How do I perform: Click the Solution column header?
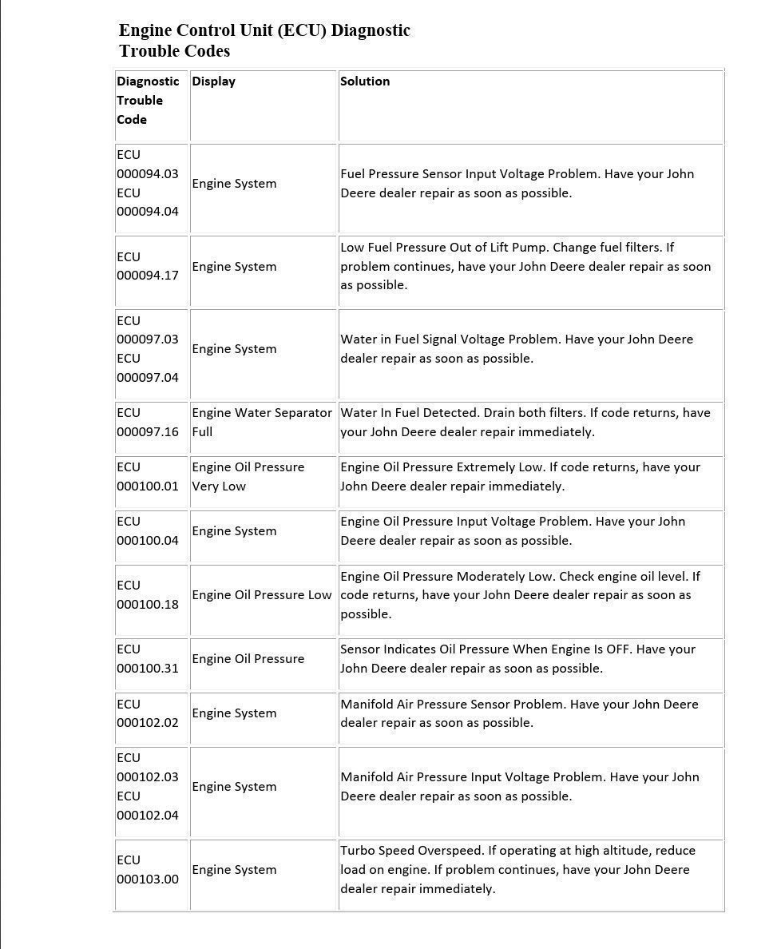click(365, 81)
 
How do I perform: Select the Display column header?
click(213, 81)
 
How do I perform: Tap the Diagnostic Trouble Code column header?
click(148, 101)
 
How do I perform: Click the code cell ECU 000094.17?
click(148, 266)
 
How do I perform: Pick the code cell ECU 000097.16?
click(148, 423)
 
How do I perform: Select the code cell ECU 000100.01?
click(148, 477)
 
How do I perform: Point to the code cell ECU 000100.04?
click(148, 531)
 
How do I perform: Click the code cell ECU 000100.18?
click(148, 595)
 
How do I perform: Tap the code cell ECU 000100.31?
click(148, 659)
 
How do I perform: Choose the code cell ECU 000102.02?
click(148, 713)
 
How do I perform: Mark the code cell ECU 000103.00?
click(148, 870)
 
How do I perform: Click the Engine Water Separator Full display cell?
click(261, 423)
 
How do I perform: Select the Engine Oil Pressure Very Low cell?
click(248, 477)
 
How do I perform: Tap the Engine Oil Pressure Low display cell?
click(261, 595)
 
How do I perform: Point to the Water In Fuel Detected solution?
click(525, 423)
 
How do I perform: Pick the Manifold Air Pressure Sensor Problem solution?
click(519, 713)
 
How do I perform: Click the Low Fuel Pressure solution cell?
click(525, 266)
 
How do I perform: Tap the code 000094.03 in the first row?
click(148, 174)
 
